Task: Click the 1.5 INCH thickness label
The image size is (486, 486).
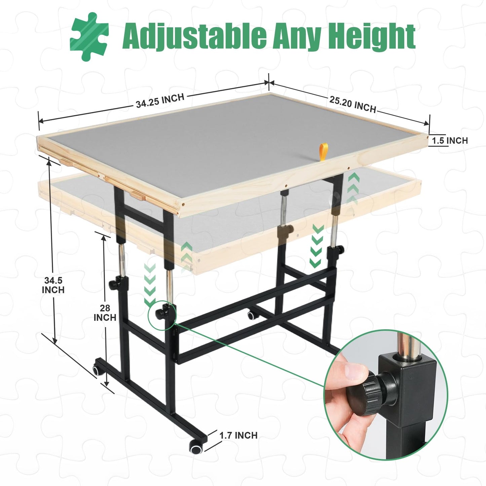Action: [x=450, y=141]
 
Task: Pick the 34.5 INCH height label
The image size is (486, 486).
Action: [x=53, y=285]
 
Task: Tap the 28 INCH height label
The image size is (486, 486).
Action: [x=105, y=313]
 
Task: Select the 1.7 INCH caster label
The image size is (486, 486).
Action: [x=238, y=435]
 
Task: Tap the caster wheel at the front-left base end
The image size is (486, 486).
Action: [x=97, y=370]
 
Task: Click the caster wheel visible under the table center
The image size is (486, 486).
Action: [x=251, y=315]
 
